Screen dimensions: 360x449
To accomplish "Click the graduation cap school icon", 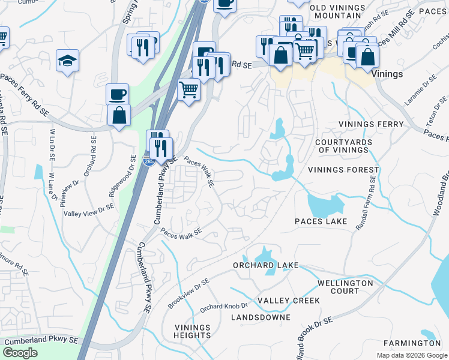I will [x=68, y=60].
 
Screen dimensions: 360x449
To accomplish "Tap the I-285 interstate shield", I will [x=147, y=161].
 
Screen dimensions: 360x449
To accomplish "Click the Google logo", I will [x=20, y=353].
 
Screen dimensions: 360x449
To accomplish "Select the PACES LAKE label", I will [x=321, y=221].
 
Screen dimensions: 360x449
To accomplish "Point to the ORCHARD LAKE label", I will [x=265, y=265].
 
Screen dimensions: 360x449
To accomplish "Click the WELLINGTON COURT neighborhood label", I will [x=345, y=287].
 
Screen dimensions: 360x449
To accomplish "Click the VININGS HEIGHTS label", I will [x=193, y=331].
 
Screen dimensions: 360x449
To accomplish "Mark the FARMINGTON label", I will [x=413, y=343].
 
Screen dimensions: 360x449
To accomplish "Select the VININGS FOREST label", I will [x=344, y=170].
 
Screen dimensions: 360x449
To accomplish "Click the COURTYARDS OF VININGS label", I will [x=344, y=146].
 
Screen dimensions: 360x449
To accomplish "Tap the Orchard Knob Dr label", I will [x=224, y=307].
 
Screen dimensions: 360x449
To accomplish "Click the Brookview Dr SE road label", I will [x=188, y=294].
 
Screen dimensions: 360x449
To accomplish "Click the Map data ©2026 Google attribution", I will [x=411, y=355].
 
